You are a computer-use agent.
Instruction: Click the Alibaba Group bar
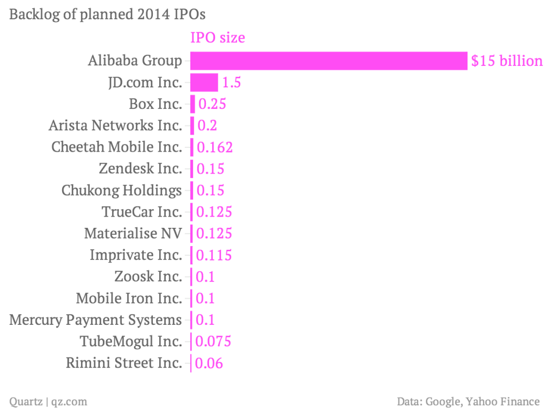329,61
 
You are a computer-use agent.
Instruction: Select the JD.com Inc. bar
204,83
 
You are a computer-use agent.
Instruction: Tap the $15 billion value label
507,61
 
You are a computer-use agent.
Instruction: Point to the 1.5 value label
232,83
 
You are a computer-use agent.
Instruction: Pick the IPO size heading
218,38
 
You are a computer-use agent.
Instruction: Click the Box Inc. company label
155,103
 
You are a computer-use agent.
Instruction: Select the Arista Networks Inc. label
115,125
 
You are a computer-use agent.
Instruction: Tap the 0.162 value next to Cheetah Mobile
215,147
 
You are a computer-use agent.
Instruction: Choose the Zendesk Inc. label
140,168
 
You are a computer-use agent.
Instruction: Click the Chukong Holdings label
122,190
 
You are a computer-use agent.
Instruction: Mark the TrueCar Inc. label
142,212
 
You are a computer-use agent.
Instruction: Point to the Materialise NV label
133,233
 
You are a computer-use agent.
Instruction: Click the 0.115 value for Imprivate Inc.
214,255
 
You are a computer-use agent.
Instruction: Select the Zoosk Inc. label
149,277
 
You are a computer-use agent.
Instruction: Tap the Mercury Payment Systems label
96,320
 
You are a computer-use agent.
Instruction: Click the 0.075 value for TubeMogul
213,341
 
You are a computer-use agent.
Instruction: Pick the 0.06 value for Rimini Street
209,363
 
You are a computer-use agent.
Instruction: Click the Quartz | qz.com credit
48,401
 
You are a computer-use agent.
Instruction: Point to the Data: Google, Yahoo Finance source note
468,401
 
